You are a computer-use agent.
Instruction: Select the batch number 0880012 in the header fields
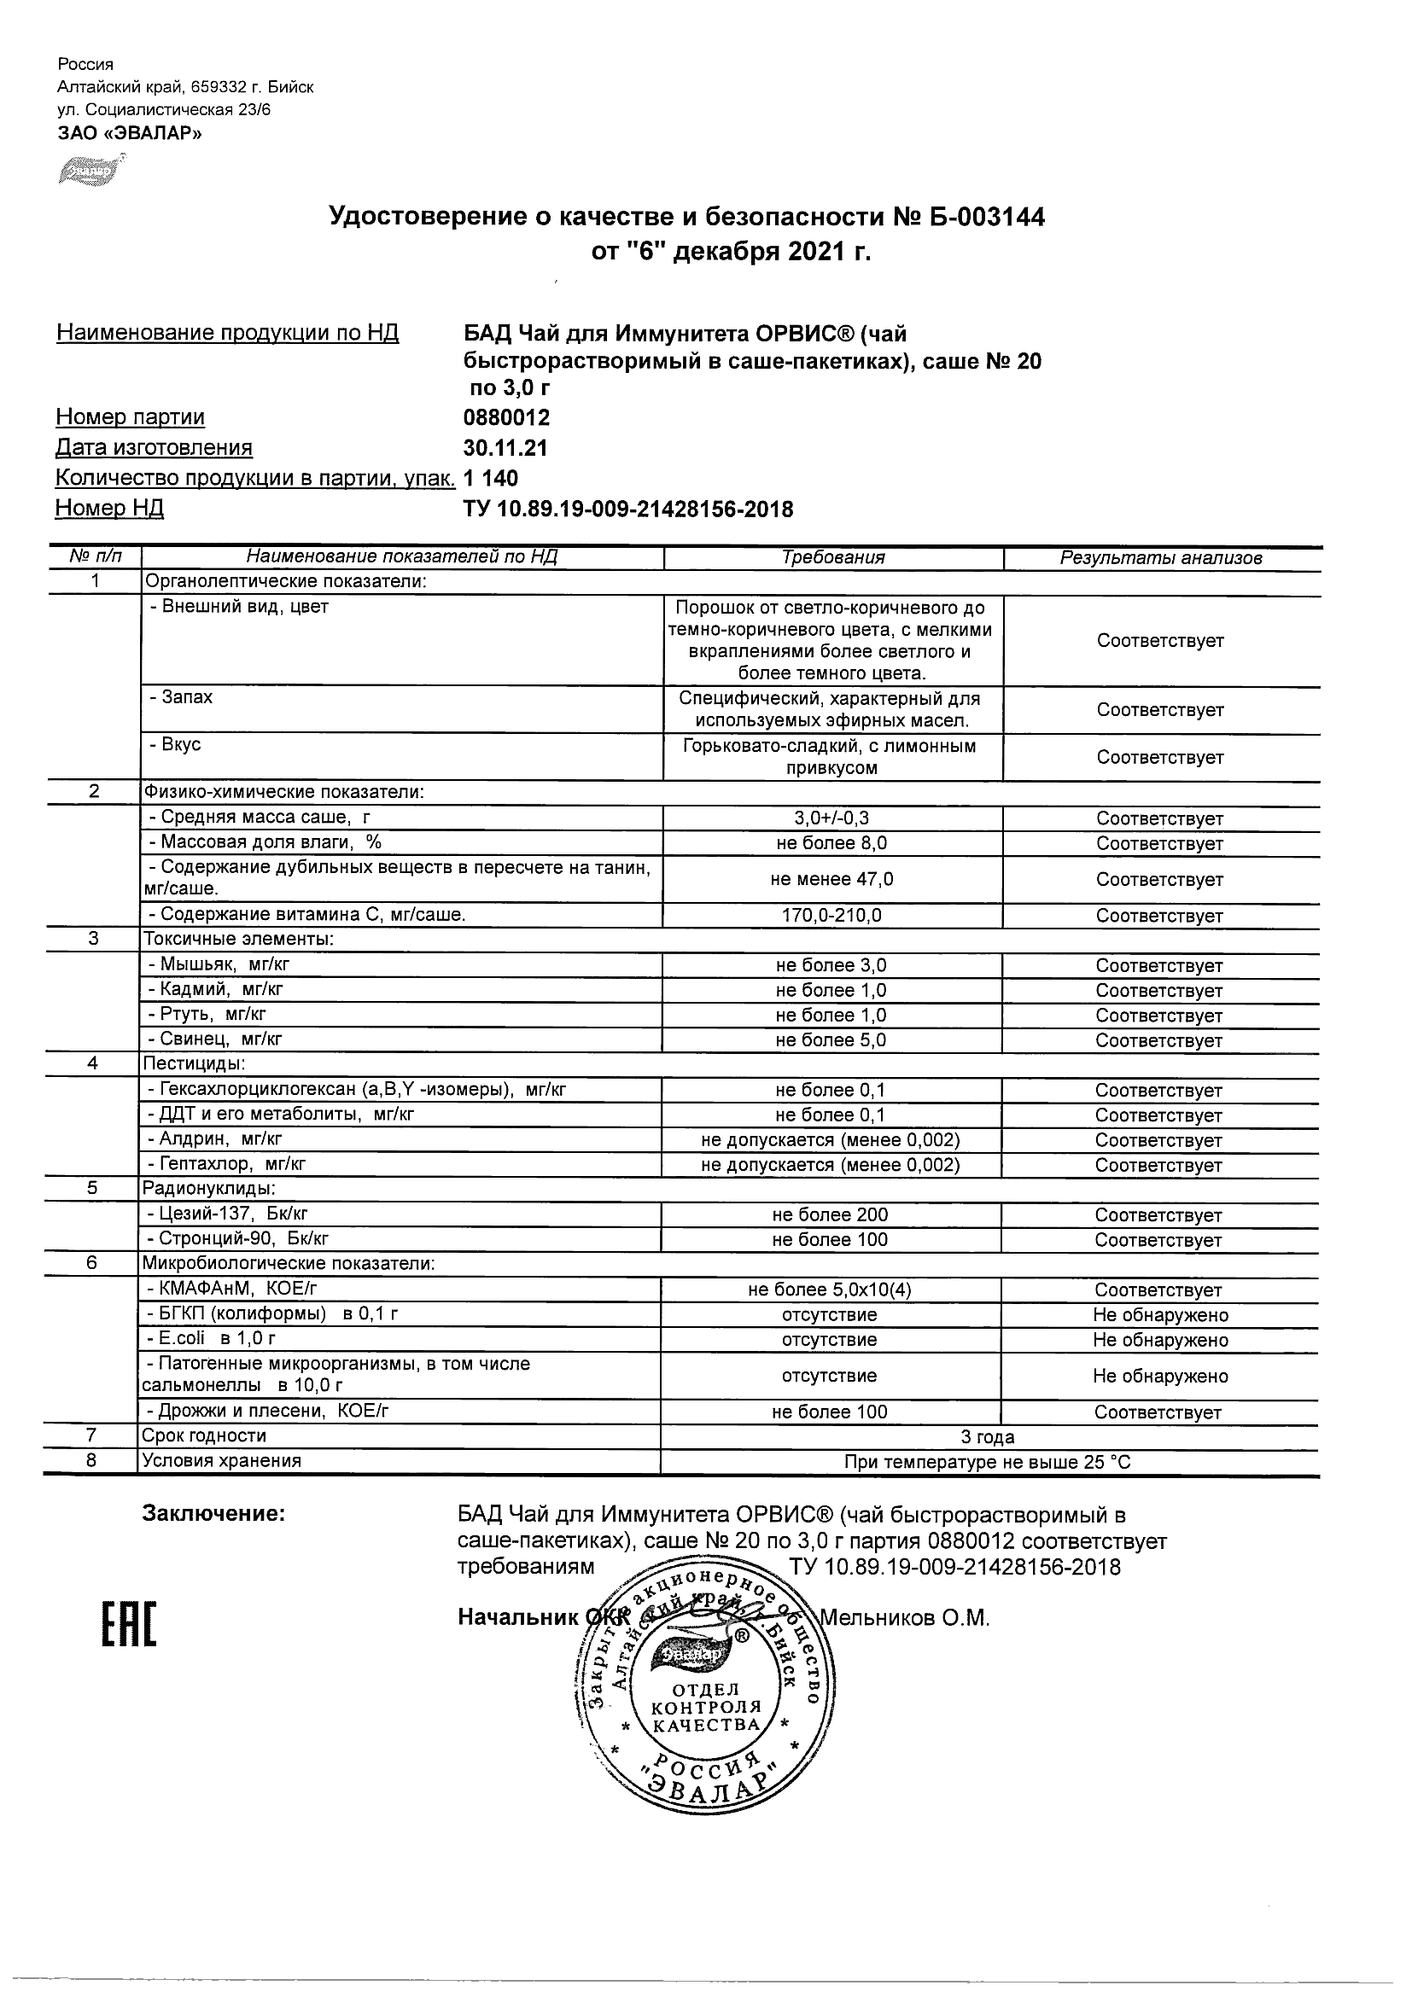[x=506, y=417]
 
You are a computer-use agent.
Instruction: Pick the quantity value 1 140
[x=491, y=479]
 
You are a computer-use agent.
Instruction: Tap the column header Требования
[x=832, y=558]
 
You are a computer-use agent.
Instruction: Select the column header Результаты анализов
[x=1160, y=558]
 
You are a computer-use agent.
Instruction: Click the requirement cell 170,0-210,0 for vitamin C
[x=831, y=915]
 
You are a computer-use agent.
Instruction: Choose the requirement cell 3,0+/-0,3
[x=831, y=818]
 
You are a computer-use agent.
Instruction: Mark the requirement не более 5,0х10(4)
[x=830, y=1290]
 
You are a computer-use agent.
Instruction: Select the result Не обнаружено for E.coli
[x=1160, y=1340]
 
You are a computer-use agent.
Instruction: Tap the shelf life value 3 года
[x=988, y=1437]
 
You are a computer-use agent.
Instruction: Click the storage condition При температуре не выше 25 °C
[x=988, y=1462]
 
